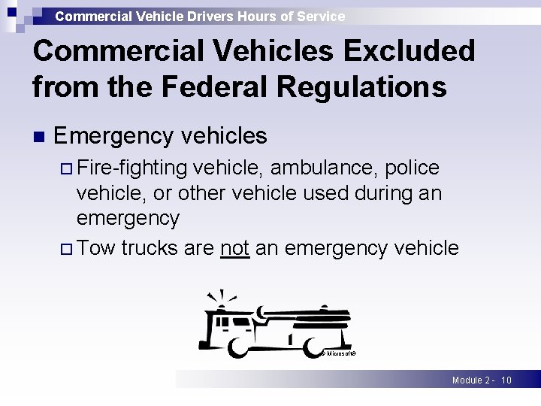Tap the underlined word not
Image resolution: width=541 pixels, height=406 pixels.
pyautogui.click(x=235, y=247)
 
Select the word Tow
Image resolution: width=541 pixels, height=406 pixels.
pyautogui.click(x=95, y=247)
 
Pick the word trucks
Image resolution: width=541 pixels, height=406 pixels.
pyautogui.click(x=150, y=247)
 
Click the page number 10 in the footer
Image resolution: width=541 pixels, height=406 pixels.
pyautogui.click(x=506, y=380)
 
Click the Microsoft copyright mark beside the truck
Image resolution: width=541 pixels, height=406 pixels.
pyautogui.click(x=338, y=353)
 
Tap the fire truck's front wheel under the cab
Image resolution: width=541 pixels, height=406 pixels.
pyautogui.click(x=240, y=347)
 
